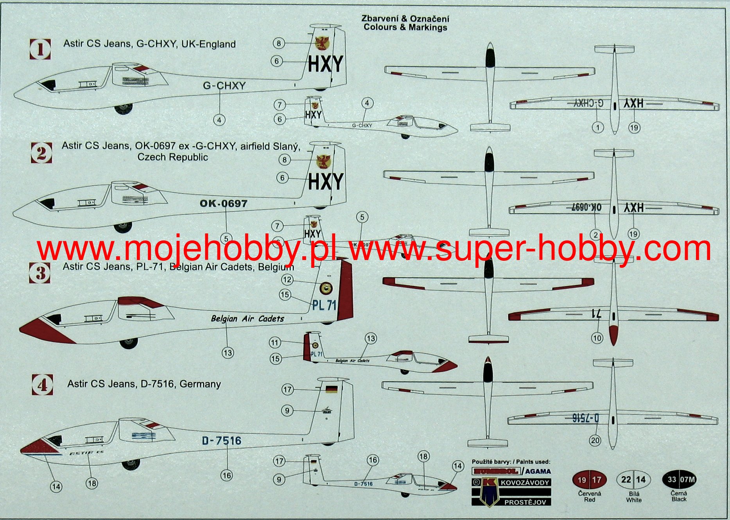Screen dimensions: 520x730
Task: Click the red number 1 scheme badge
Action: pyautogui.click(x=40, y=49)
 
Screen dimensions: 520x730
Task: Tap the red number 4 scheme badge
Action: pyautogui.click(x=42, y=385)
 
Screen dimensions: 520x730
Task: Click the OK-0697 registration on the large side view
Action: pyautogui.click(x=223, y=204)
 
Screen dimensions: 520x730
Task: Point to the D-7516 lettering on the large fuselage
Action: pyautogui.click(x=221, y=441)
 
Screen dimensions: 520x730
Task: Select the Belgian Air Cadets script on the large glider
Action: pyautogui.click(x=248, y=319)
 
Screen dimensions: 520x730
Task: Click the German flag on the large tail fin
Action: pyautogui.click(x=332, y=389)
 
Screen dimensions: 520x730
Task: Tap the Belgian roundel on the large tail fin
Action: pyautogui.click(x=326, y=289)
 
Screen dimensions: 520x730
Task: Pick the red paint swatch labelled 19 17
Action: pyautogui.click(x=589, y=480)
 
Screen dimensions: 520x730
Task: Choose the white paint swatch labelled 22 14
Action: pyautogui.click(x=633, y=480)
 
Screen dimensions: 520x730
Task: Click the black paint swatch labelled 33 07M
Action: pyautogui.click(x=679, y=479)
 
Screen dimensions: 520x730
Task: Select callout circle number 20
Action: pyautogui.click(x=595, y=441)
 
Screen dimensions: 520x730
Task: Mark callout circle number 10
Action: pyautogui.click(x=597, y=338)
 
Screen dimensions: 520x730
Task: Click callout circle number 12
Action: pyautogui.click(x=287, y=280)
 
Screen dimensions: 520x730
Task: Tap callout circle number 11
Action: pyautogui.click(x=275, y=343)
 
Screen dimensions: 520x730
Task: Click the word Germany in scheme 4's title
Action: pyautogui.click(x=200, y=384)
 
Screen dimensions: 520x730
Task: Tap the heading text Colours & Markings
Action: pyautogui.click(x=405, y=27)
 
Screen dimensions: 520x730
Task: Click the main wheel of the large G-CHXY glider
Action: pyautogui.click(x=124, y=109)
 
